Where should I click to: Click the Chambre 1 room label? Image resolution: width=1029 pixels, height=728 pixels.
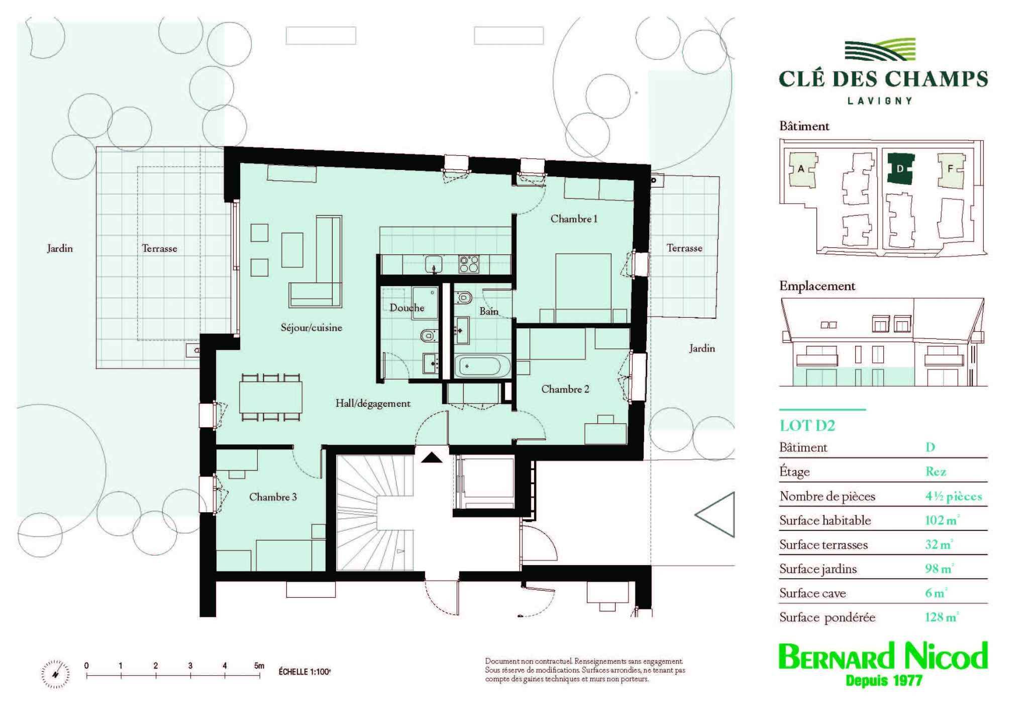tap(574, 219)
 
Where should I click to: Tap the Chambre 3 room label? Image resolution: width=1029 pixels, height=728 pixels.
tap(273, 497)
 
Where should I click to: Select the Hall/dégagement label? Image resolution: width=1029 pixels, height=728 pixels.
tap(373, 403)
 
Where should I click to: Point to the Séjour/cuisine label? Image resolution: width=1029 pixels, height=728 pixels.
tap(311, 328)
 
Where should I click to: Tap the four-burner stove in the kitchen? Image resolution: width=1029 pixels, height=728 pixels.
tap(468, 263)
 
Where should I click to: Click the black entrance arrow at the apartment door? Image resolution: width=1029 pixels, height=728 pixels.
tap(431, 457)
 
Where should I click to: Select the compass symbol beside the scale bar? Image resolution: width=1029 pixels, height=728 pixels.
tap(55, 674)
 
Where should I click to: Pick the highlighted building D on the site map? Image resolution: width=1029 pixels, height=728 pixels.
tap(900, 169)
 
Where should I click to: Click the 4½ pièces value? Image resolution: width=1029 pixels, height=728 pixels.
tap(954, 496)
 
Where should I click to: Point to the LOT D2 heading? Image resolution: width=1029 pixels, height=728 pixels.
tap(807, 426)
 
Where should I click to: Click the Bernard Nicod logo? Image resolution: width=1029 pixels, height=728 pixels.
tap(883, 664)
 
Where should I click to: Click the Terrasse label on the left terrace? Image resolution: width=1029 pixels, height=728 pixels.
tap(159, 248)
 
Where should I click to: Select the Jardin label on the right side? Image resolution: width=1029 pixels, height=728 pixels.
tap(701, 348)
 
